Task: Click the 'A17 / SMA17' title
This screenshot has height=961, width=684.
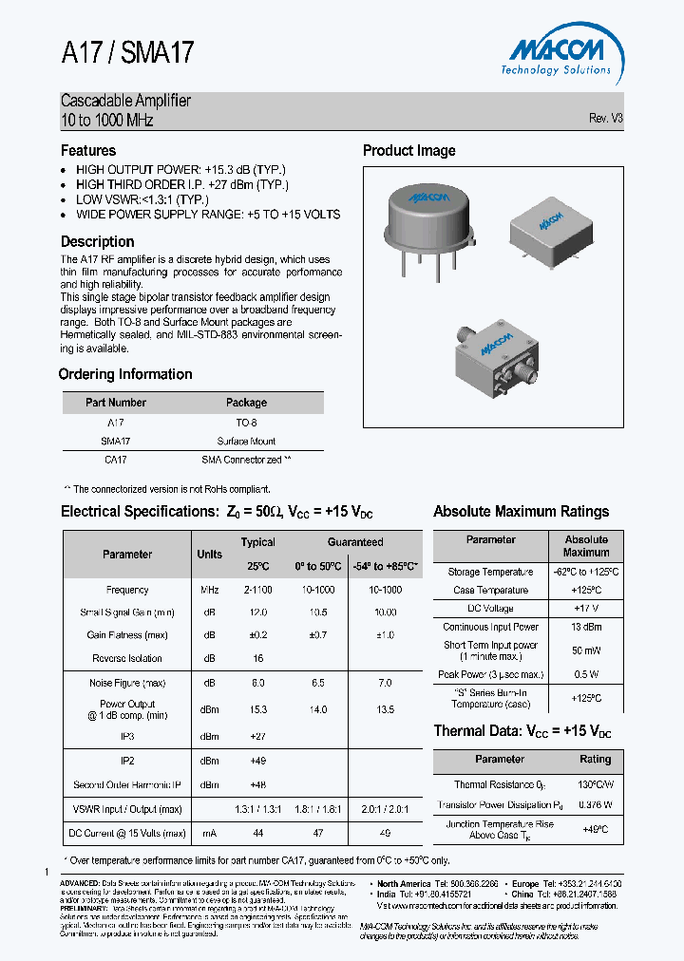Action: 127,53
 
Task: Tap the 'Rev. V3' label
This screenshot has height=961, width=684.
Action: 605,119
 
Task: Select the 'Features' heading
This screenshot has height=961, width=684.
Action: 88,150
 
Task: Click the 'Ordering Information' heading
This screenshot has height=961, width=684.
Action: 125,374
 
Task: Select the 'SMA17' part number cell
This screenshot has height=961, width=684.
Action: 115,441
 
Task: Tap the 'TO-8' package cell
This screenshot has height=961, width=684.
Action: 246,423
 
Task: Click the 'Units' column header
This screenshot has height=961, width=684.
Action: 210,554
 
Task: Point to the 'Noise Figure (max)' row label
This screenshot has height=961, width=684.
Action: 127,683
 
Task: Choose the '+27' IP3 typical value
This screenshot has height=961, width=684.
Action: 257,736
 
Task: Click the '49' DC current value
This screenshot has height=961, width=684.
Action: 384,833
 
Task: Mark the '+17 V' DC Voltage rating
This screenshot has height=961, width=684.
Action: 586,608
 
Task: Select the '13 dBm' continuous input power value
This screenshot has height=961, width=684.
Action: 586,627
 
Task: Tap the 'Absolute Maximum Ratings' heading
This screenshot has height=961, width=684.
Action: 521,511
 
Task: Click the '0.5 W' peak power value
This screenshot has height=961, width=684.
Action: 586,675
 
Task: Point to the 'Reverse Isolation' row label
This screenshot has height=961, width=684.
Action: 127,658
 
